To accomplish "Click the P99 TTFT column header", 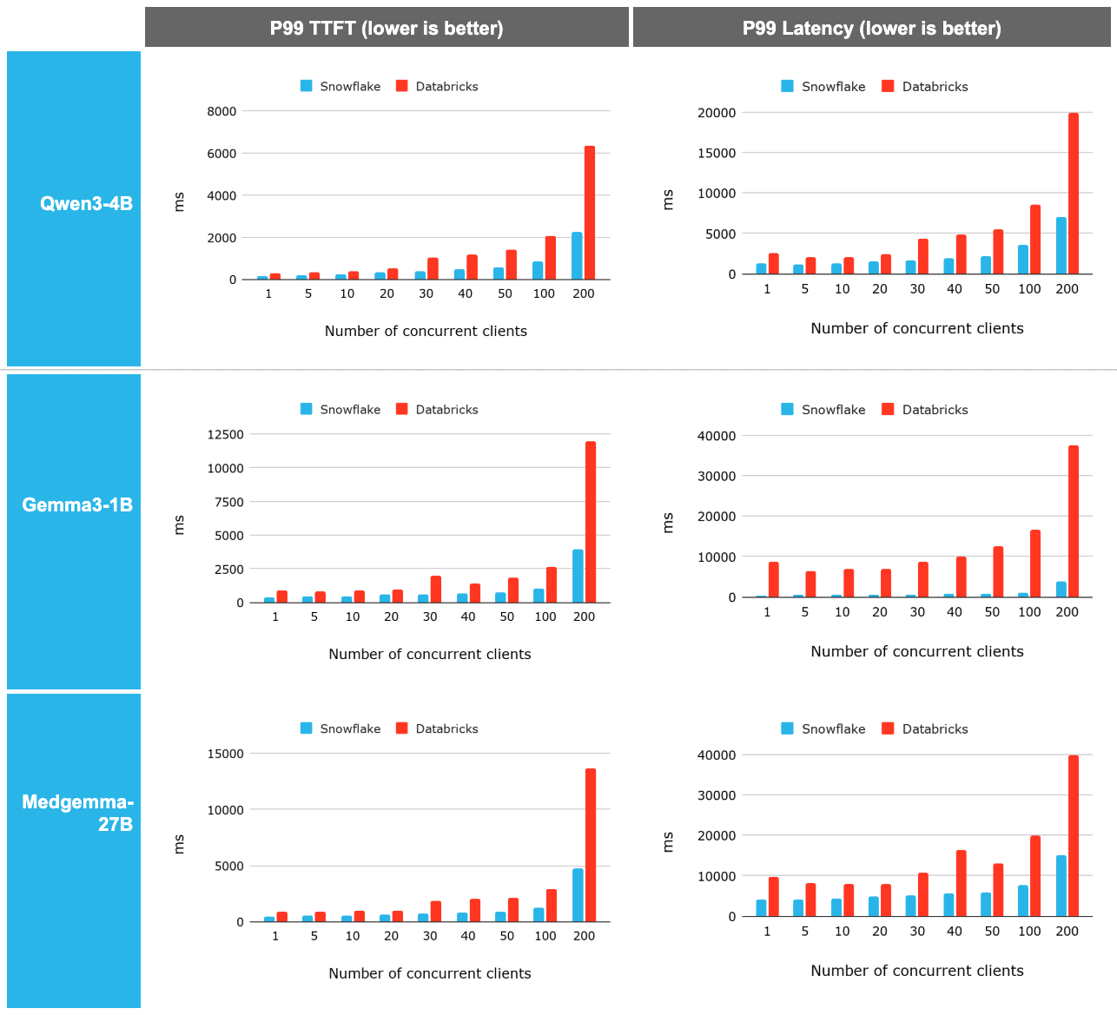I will [387, 28].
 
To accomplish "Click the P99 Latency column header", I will [871, 28].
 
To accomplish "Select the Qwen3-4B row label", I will [85, 204].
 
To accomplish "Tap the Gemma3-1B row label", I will [76, 505].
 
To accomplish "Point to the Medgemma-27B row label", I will [76, 813].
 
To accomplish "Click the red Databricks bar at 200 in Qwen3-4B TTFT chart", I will [590, 214].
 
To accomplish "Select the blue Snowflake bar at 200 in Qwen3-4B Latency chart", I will [1061, 246].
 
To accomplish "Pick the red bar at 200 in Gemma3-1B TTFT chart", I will [591, 522].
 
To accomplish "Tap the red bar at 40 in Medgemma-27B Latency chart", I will [961, 883].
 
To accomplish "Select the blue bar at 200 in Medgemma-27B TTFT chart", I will [578, 895].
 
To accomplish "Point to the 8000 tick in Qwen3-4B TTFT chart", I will [221, 111].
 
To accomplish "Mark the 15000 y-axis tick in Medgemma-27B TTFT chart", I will [225, 754].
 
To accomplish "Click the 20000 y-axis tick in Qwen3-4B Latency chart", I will [716, 113].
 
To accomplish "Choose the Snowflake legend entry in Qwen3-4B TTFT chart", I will [340, 86].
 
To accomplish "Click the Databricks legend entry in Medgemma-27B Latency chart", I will [925, 728].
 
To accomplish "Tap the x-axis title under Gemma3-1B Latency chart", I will [916, 651].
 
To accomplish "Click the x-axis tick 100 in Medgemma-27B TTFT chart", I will [545, 936].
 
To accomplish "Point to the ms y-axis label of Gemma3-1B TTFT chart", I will [179, 524].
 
